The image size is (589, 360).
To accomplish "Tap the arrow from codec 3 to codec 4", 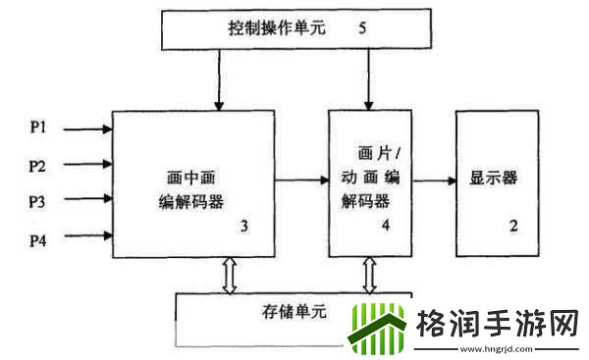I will point(300,180).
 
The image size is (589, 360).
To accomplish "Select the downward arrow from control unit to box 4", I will point(369,77).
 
